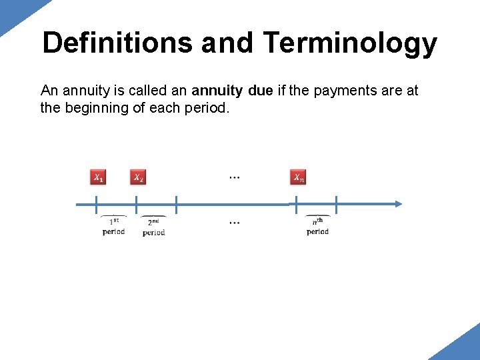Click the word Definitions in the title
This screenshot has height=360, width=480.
click(118, 43)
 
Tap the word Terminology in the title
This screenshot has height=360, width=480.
click(350, 43)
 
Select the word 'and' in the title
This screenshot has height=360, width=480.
click(227, 43)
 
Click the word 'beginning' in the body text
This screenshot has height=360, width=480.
click(95, 108)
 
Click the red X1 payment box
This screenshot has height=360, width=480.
click(98, 177)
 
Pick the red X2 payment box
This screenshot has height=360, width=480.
click(137, 177)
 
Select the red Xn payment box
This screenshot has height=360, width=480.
click(298, 177)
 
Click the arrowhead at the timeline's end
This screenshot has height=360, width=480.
click(397, 204)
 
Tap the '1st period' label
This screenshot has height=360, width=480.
click(114, 226)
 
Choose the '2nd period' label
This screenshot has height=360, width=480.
click(153, 227)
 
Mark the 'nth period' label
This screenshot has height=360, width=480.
click(317, 226)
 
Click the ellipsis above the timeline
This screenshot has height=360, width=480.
click(235, 178)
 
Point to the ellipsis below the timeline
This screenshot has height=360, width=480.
click(235, 222)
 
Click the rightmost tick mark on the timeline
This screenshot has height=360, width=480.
click(336, 204)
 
